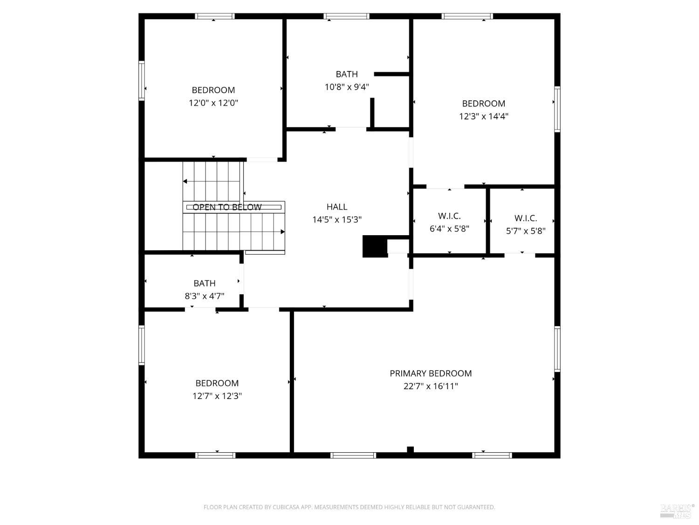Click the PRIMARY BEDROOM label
click(x=431, y=373)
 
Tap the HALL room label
click(x=336, y=207)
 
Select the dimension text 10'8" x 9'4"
click(x=347, y=87)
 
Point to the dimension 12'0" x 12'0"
click(x=213, y=103)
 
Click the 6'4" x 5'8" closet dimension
click(x=449, y=229)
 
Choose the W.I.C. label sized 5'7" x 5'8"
click(x=526, y=218)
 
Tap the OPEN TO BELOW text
click(x=227, y=207)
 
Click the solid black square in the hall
click(x=375, y=246)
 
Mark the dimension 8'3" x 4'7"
click(x=205, y=296)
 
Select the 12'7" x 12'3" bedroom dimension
click(x=217, y=396)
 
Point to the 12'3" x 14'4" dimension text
click(x=483, y=116)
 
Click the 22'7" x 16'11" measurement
click(x=431, y=386)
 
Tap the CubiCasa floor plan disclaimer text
click(x=349, y=507)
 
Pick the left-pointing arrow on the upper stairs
click(x=185, y=182)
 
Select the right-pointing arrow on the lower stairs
click(x=282, y=232)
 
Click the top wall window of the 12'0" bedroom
click(x=215, y=16)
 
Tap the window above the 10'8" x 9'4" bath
click(x=347, y=16)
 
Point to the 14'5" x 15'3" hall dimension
click(x=336, y=220)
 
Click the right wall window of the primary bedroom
click(x=557, y=349)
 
